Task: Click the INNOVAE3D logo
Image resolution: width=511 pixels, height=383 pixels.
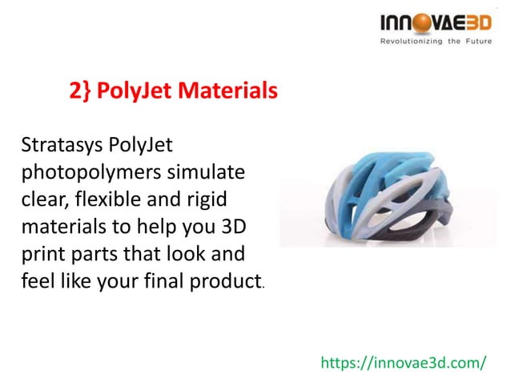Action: [436, 23]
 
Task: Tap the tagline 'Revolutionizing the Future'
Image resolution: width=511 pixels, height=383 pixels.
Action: [436, 42]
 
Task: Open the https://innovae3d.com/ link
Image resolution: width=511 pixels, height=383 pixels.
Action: [403, 362]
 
